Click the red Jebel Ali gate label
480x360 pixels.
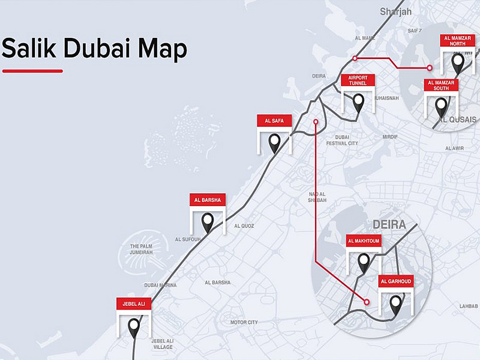coord(134,304)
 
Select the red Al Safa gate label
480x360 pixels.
coord(274,121)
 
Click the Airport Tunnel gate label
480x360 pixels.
coord(358,80)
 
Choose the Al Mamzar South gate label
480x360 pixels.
coord(441,85)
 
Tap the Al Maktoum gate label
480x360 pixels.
coord(364,241)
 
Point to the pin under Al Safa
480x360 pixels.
coord(274,143)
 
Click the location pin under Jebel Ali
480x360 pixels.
coord(134,328)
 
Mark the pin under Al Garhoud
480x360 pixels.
coord(396,304)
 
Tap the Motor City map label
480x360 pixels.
coord(244,322)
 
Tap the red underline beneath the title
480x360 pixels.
coord(32,71)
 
